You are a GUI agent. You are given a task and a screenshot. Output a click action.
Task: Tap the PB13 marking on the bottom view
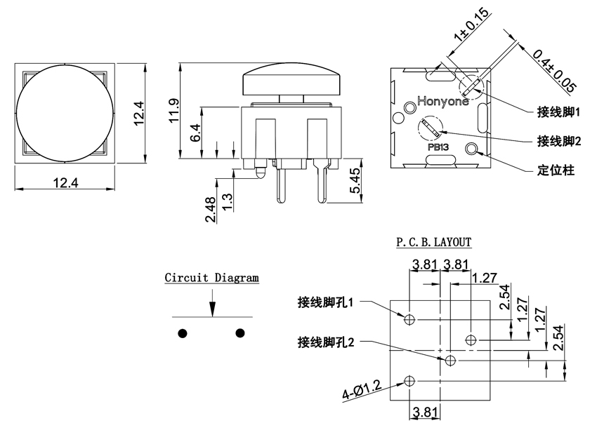[438, 147]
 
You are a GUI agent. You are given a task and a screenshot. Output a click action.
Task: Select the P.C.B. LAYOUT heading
[433, 243]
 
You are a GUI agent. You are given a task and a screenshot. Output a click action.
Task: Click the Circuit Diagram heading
[211, 278]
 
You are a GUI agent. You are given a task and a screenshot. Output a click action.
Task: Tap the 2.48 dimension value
[211, 209]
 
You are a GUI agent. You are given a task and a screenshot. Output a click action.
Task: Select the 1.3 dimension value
[227, 203]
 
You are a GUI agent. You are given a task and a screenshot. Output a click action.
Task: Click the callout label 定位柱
[555, 170]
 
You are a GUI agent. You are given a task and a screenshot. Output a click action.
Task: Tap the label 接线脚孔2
[325, 342]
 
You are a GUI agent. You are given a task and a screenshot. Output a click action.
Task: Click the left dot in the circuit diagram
[183, 332]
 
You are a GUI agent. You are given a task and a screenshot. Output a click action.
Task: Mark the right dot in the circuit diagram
[240, 332]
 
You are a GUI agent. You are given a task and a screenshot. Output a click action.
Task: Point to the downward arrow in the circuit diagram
[212, 307]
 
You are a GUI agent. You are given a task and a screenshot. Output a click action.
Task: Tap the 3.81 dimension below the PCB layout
[424, 412]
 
